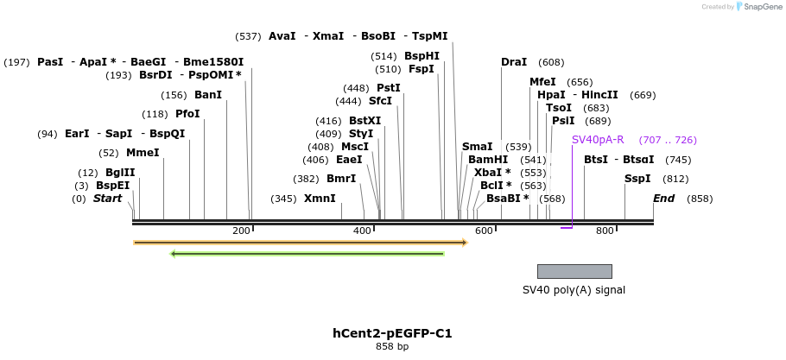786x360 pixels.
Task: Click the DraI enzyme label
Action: [514, 62]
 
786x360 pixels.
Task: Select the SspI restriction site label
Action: [638, 179]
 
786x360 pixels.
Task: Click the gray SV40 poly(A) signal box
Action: [574, 271]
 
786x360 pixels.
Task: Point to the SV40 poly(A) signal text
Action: [574, 290]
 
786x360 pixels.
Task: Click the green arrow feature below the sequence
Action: [307, 254]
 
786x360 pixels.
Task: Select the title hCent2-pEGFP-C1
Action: [392, 333]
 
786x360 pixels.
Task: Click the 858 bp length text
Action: [392, 347]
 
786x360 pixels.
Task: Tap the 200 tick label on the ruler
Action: [241, 231]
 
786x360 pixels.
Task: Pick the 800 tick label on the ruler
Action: [604, 231]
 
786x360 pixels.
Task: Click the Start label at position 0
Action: [107, 199]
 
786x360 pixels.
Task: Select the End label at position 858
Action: [663, 199]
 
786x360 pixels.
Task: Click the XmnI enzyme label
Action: [320, 199]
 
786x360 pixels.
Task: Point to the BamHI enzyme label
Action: [488, 160]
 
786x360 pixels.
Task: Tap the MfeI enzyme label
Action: [542, 82]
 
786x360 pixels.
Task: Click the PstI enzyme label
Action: [389, 88]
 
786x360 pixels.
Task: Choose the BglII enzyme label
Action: [120, 173]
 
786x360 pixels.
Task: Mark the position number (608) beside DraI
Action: [551, 62]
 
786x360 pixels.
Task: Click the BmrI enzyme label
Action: [341, 179]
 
